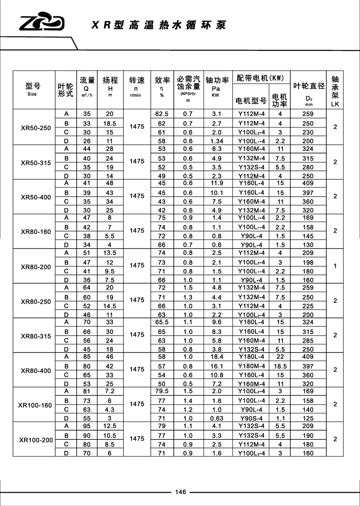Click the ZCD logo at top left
pos(42,23)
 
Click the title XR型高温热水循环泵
pos(158,25)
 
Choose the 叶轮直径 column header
pos(309,86)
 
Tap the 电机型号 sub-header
pos(251,101)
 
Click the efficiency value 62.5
pos(162,114)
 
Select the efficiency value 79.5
pos(162,391)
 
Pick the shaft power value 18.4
pos(217,357)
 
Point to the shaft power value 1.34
pos(217,141)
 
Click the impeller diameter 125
pos(308,418)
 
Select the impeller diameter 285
pos(308,340)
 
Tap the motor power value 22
pos(280,357)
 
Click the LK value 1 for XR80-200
pos(335,265)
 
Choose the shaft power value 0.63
pos(217,418)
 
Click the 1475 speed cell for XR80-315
pos(137,335)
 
